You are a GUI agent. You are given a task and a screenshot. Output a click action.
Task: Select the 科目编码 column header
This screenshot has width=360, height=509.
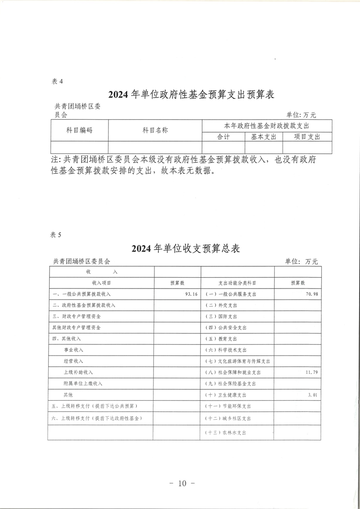click(79, 130)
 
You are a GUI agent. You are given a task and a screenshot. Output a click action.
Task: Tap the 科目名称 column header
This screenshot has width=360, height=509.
click(155, 130)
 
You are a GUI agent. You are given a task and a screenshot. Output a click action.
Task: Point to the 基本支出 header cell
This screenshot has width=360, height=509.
click(264, 137)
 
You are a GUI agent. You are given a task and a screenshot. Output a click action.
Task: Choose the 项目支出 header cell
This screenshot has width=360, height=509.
click(307, 137)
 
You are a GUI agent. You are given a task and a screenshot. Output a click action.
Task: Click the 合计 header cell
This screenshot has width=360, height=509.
click(224, 137)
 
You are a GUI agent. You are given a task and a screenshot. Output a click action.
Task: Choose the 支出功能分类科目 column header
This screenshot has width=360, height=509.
click(237, 283)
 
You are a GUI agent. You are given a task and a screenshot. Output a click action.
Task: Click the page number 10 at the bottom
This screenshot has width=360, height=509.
click(182, 483)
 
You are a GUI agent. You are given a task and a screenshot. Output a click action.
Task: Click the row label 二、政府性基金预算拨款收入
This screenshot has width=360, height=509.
click(84, 305)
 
